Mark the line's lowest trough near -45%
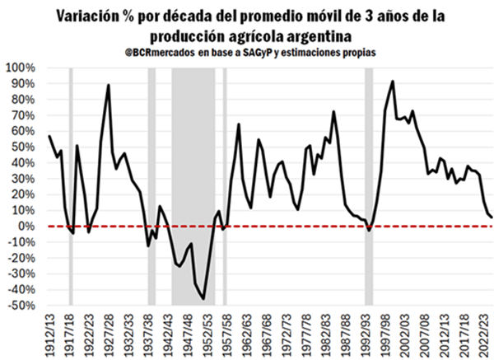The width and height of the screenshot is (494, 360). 204,298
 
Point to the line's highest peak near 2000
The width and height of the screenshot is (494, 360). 393,82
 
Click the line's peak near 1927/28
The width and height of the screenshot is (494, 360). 109,85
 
